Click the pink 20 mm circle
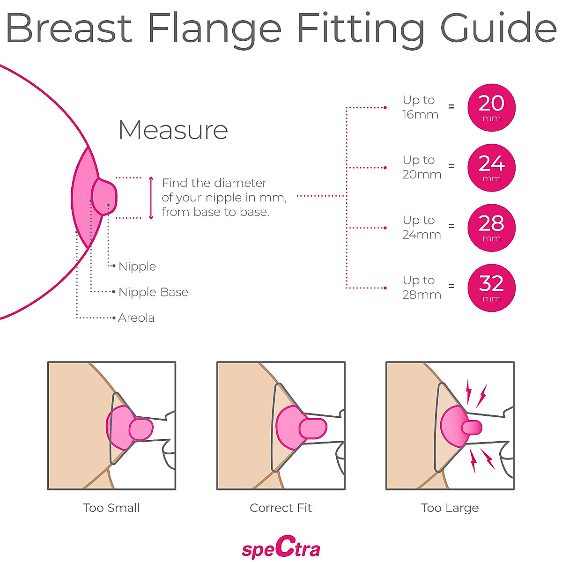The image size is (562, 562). [x=491, y=108]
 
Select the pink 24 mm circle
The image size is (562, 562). [x=491, y=168]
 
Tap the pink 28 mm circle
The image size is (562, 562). [x=491, y=228]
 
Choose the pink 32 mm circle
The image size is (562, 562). [x=491, y=288]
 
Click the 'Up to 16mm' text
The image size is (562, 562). [x=420, y=107]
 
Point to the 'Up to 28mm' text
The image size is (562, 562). [x=421, y=288]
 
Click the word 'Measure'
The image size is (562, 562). [x=173, y=130]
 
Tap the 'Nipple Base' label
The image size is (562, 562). [x=153, y=292]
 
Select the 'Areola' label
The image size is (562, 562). [x=136, y=318]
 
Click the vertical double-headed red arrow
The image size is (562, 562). [x=151, y=198]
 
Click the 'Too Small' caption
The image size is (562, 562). [x=111, y=508]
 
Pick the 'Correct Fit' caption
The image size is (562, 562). [x=281, y=508]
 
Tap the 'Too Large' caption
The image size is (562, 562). [x=450, y=508]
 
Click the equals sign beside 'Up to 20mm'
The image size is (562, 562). [x=451, y=166]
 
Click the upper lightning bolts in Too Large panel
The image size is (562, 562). [x=475, y=393]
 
